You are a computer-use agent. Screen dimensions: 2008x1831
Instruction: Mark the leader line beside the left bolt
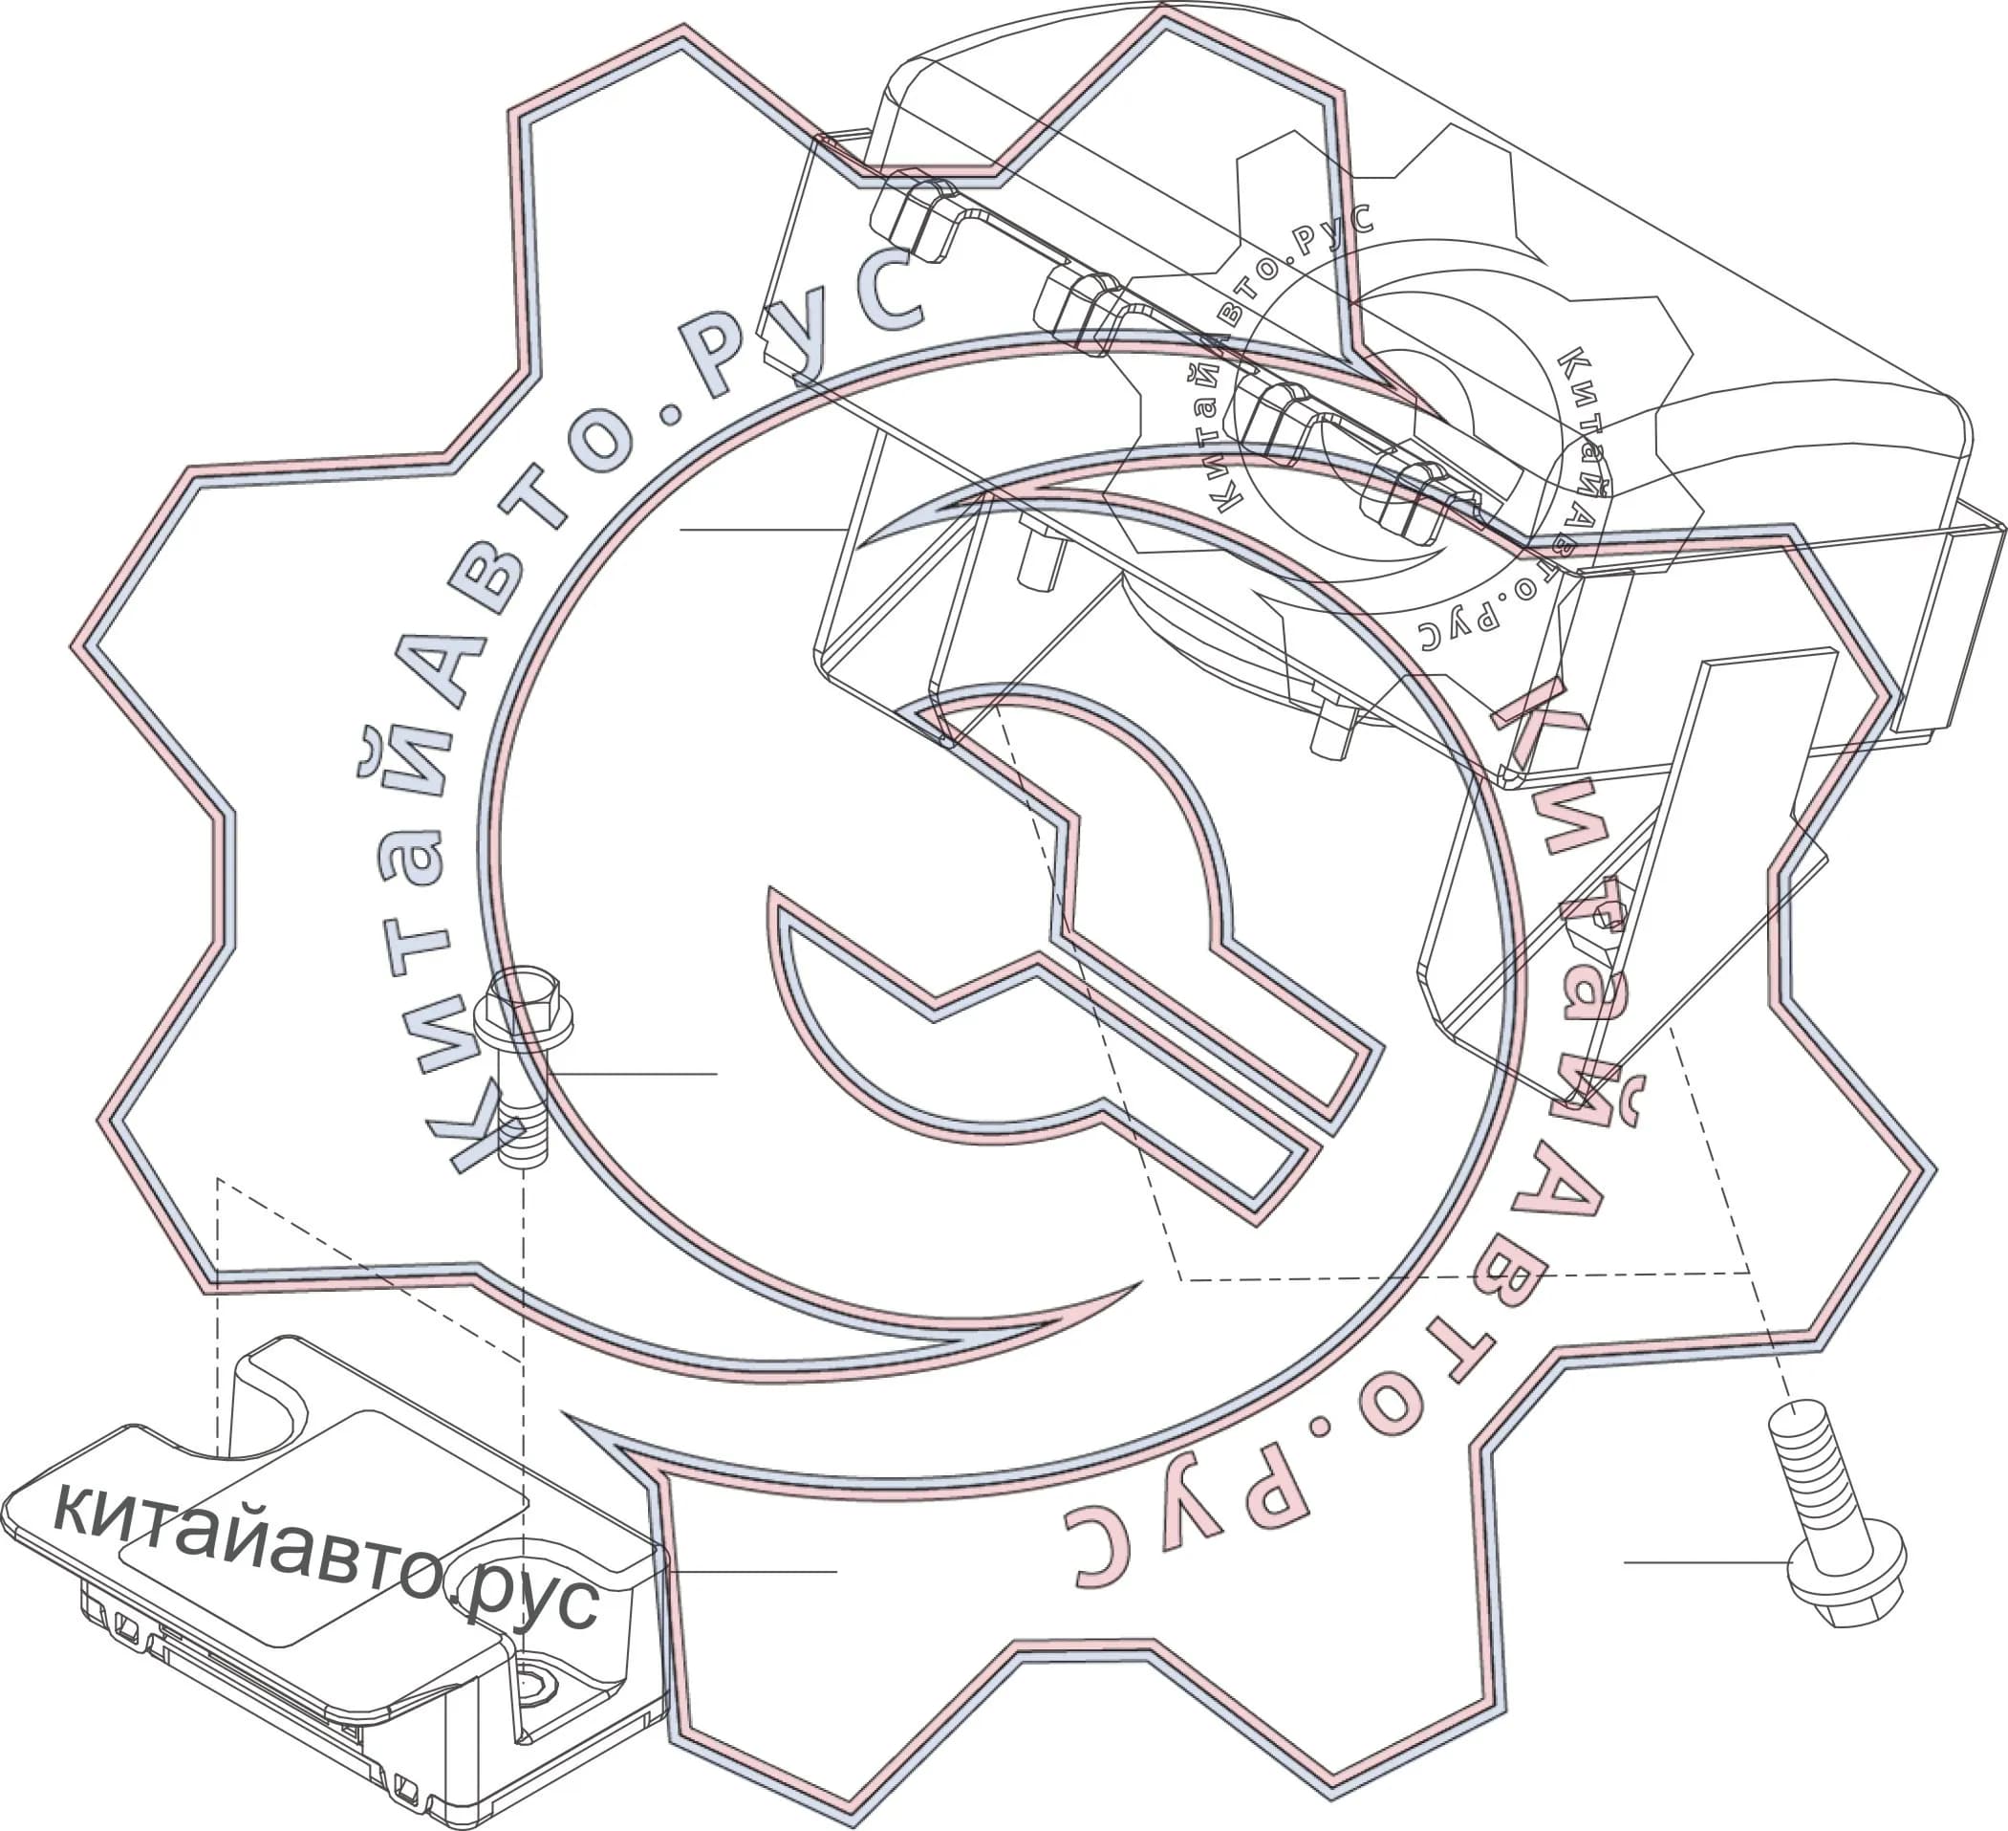633,1074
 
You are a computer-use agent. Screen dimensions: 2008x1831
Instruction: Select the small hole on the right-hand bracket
1603,916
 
